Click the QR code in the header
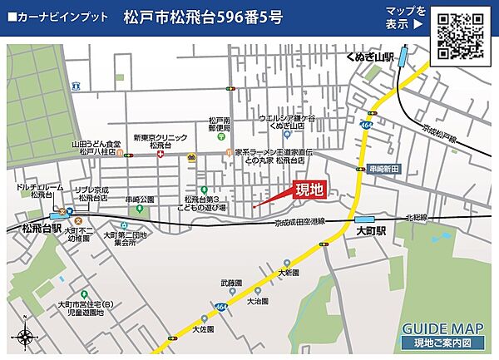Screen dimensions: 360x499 pyautogui.click(x=462, y=34)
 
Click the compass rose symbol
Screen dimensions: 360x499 pyautogui.click(x=22, y=337)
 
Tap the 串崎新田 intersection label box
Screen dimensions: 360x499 pyautogui.click(x=384, y=169)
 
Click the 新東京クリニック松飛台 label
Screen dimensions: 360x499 pyautogui.click(x=161, y=141)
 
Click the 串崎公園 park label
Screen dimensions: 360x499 pyautogui.click(x=141, y=200)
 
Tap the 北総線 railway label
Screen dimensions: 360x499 pyautogui.click(x=416, y=218)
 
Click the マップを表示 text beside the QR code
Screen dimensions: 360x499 pyautogui.click(x=406, y=17)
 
